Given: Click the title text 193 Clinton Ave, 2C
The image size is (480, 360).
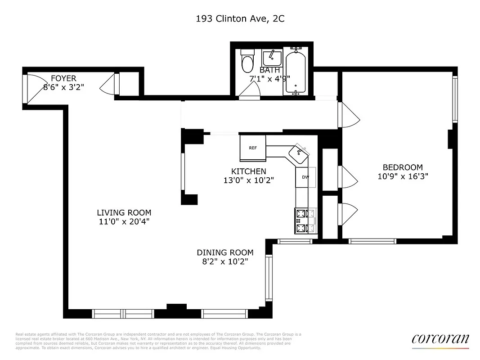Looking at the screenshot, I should (240, 19).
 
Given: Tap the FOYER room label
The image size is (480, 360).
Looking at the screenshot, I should (63, 78).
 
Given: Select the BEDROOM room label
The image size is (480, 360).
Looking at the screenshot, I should (403, 167).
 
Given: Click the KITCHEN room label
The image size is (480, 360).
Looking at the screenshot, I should (248, 171).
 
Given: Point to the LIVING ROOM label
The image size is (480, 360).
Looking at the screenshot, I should (124, 212).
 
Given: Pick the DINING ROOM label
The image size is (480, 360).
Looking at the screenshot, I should (225, 252).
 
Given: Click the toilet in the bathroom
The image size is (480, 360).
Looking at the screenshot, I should (247, 62).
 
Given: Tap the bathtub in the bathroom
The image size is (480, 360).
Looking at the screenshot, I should (295, 71).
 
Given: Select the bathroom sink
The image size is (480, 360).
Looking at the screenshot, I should (272, 58).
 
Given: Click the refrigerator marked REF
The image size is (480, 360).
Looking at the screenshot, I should (253, 148).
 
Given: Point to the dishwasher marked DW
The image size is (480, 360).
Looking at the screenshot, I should (305, 177).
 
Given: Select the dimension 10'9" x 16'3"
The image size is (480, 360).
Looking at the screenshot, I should (403, 177).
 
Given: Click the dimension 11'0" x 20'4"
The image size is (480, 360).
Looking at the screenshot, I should (124, 221).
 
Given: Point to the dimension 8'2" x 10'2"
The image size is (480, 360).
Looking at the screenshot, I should (225, 261).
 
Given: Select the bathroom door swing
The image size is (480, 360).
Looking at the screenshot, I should (249, 91).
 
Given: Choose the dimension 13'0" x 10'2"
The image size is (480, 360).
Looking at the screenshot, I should (248, 180).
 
